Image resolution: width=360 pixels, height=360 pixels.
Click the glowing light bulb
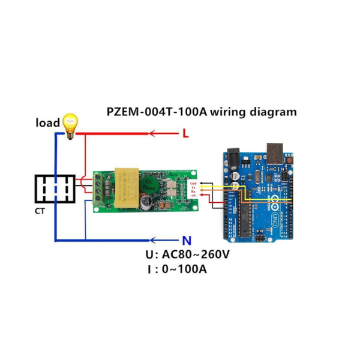(71, 124)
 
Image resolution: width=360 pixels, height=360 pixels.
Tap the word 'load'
(48, 123)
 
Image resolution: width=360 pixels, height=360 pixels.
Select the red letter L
(185, 134)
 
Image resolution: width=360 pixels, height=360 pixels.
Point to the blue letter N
(187, 241)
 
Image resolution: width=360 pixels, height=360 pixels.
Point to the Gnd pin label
(193, 182)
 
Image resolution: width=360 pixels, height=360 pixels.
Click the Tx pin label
(193, 187)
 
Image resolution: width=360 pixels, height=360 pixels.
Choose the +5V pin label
(193, 196)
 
